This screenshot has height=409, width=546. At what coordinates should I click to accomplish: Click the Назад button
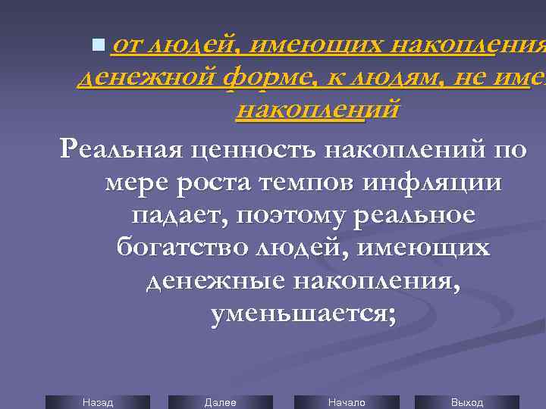point(98,402)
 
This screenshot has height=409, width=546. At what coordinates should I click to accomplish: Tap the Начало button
point(347,402)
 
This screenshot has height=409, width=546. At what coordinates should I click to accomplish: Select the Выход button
point(467,402)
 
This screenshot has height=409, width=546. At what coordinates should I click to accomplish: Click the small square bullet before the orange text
point(95,47)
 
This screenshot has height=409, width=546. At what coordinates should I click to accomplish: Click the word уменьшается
point(303,313)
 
